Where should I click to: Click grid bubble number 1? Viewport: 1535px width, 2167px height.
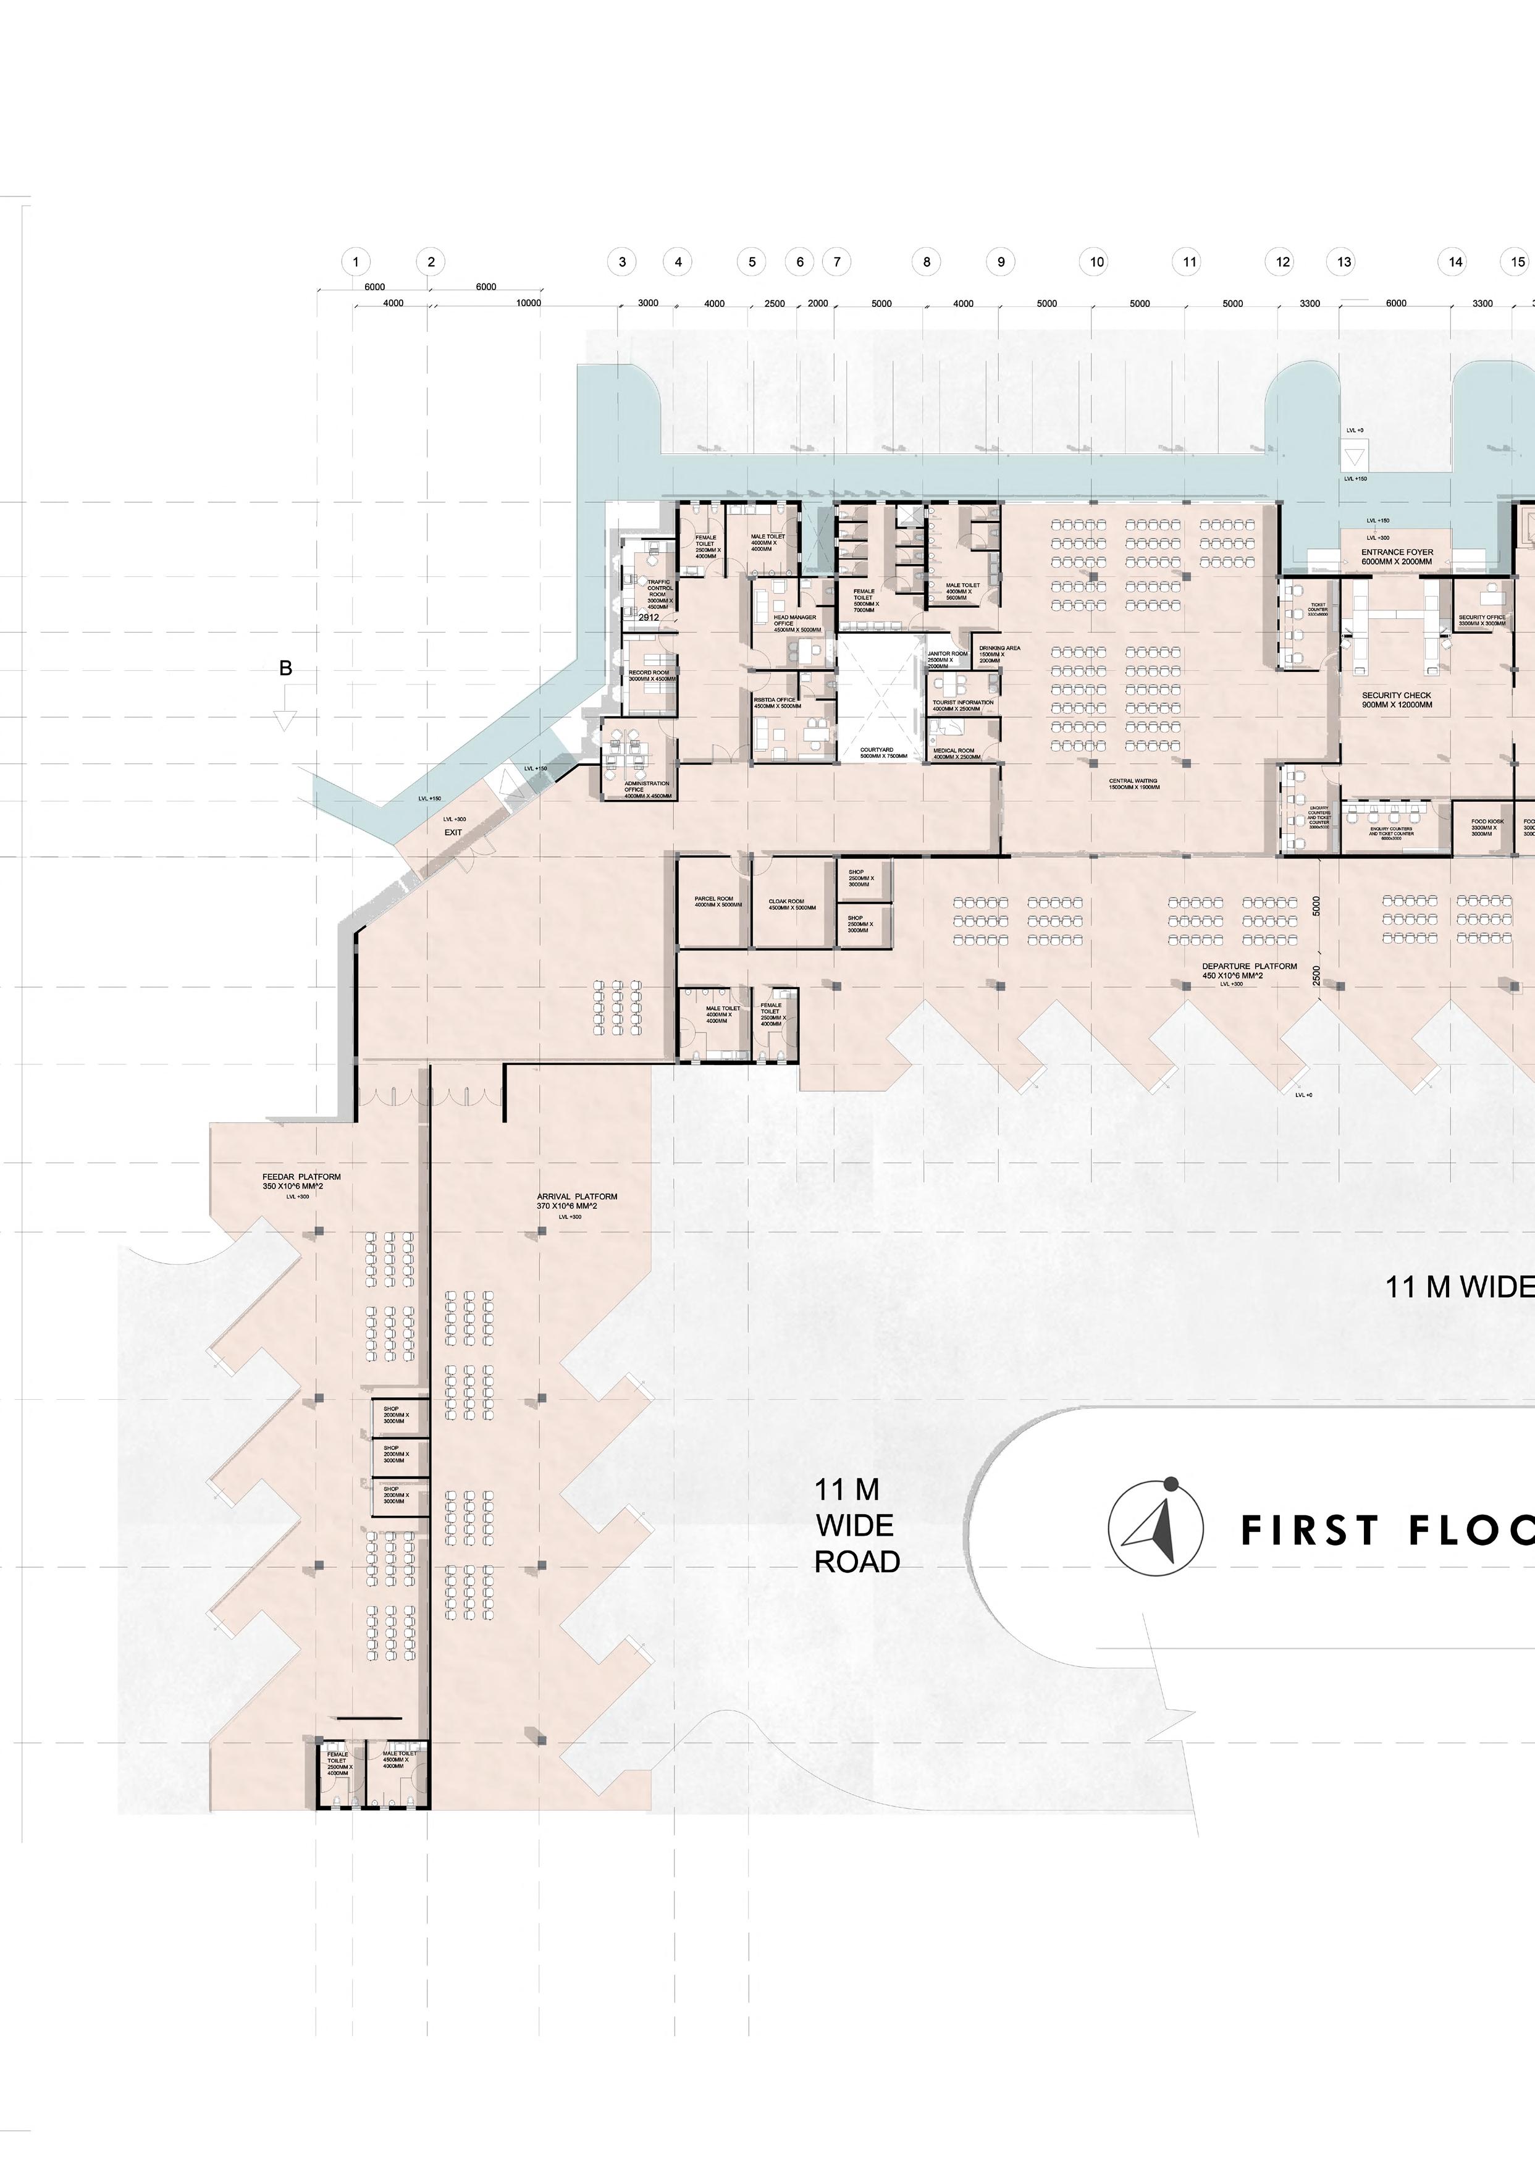(355, 262)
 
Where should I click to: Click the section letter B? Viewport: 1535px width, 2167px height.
(285, 668)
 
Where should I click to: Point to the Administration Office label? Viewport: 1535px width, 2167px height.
(647, 789)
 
